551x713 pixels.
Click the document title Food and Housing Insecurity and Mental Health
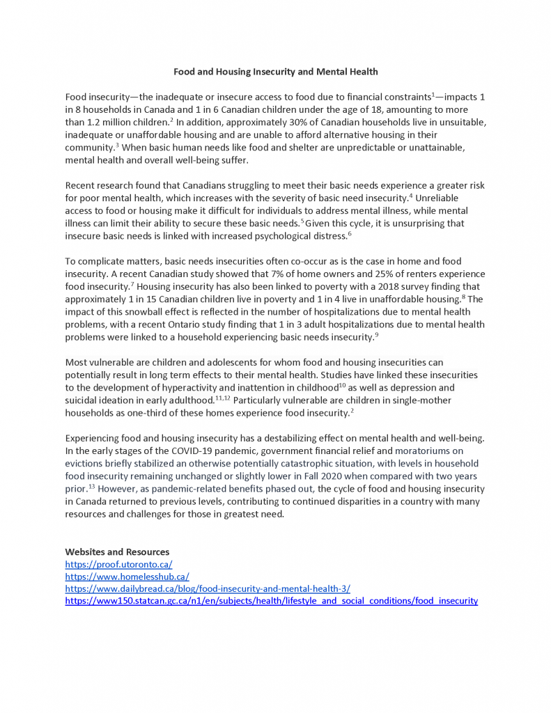pyautogui.click(x=275, y=72)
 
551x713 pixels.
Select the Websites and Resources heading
pyautogui.click(x=117, y=552)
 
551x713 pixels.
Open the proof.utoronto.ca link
pyautogui.click(x=118, y=565)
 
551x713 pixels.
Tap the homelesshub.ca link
pyautogui.click(x=127, y=577)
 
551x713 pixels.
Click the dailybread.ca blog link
pyautogui.click(x=208, y=588)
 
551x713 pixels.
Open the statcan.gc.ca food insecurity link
pyautogui.click(x=271, y=600)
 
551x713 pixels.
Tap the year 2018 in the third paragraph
pyautogui.click(x=387, y=286)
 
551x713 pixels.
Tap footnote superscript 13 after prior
pyautogui.click(x=91, y=486)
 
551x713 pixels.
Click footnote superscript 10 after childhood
pyautogui.click(x=342, y=385)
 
